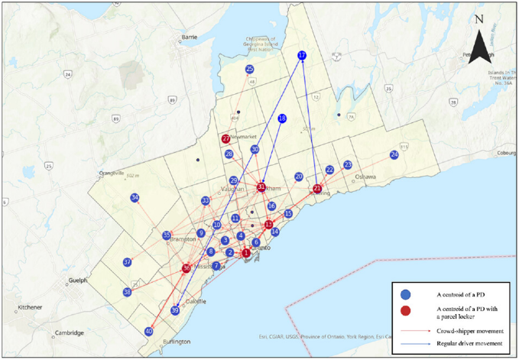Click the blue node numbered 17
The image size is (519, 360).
pos(302,56)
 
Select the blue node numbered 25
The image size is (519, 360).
pos(250,70)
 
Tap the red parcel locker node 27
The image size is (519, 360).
pos(225,139)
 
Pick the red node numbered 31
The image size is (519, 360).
pos(261,186)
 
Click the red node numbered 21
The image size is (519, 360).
pos(318,189)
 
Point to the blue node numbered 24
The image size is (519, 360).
pos(394,155)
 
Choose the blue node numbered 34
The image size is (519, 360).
pos(135,198)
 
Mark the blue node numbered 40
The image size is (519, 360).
pos(148,332)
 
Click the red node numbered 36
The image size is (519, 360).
pos(187,268)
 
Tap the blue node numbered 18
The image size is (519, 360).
pos(282,118)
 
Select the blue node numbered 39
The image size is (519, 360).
pos(175,310)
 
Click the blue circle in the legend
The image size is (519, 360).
pos(407,294)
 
